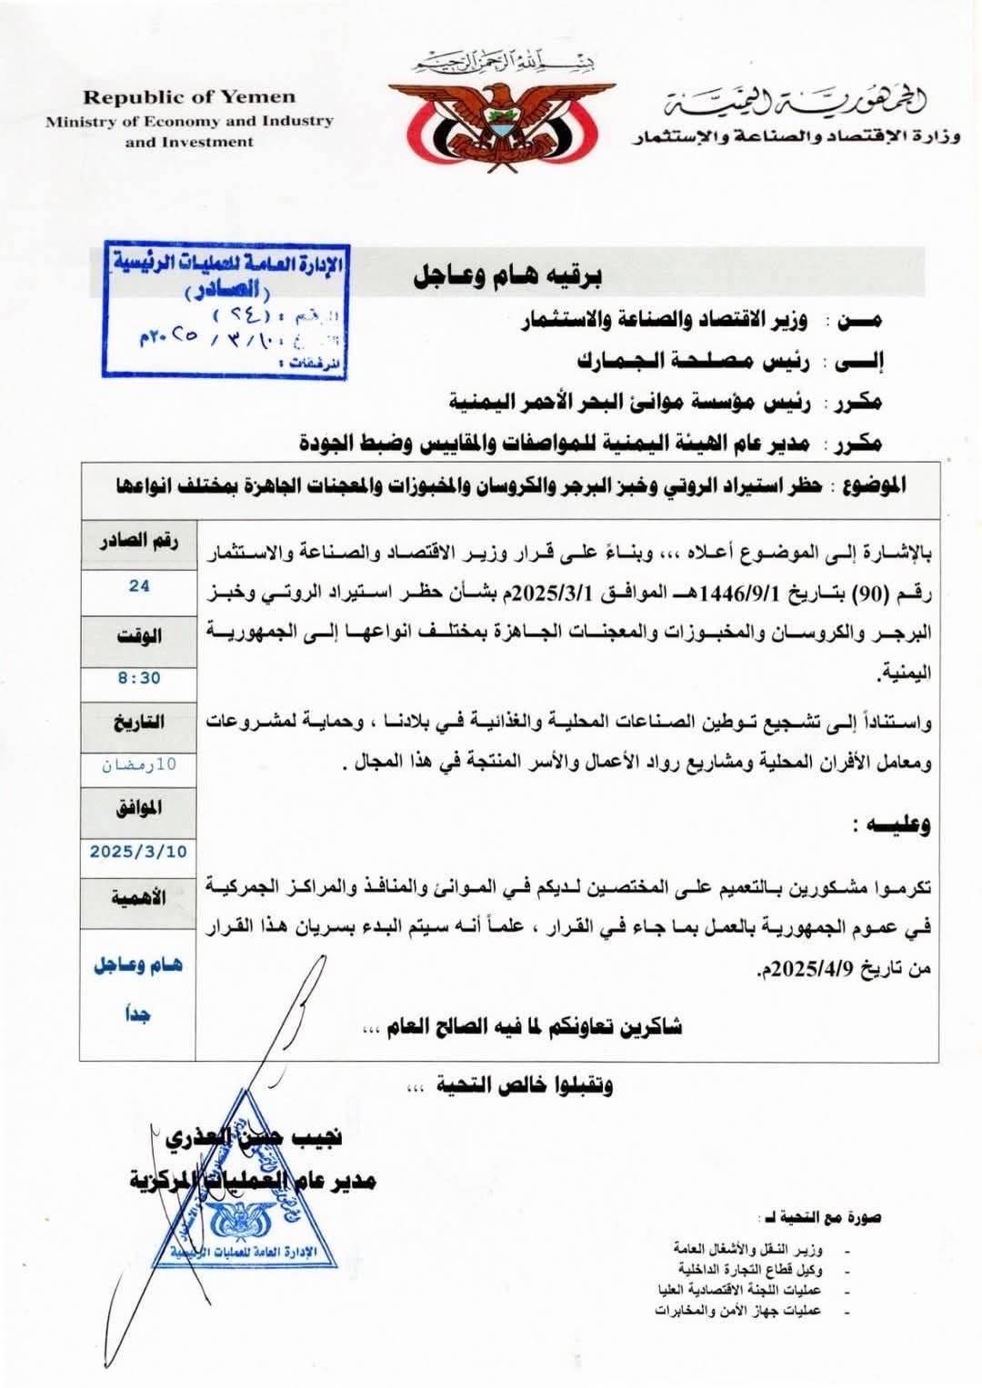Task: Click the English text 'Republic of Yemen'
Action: pyautogui.click(x=189, y=97)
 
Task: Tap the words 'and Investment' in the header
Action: pyautogui.click(x=189, y=142)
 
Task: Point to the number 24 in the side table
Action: pyautogui.click(x=138, y=586)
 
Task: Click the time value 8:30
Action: pyautogui.click(x=138, y=678)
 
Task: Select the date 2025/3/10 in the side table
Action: pyautogui.click(x=138, y=852)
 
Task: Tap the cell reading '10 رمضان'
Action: pyautogui.click(x=138, y=764)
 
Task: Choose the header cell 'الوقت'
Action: pyautogui.click(x=138, y=635)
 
